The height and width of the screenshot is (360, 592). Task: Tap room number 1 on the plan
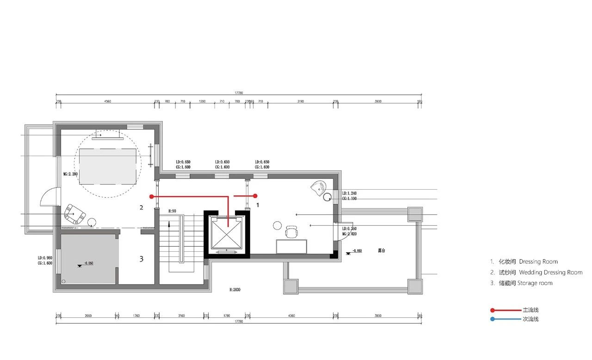(x=258, y=204)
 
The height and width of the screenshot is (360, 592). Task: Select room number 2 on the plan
(x=142, y=208)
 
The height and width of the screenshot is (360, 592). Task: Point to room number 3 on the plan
(x=142, y=259)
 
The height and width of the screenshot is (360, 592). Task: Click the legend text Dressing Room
(x=538, y=262)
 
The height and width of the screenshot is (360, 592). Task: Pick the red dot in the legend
(x=493, y=310)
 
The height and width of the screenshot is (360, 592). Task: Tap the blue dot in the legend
(x=493, y=319)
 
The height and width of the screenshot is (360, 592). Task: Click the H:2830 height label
(x=235, y=290)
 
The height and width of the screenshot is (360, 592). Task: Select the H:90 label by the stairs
(x=173, y=211)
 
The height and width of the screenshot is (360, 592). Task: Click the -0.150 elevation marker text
(x=356, y=251)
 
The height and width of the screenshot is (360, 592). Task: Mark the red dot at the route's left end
(x=151, y=197)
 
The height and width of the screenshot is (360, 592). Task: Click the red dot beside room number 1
(x=255, y=196)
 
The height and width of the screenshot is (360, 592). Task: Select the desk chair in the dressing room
(x=292, y=231)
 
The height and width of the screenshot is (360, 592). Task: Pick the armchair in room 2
(x=74, y=214)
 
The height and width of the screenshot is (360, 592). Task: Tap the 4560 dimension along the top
(x=107, y=101)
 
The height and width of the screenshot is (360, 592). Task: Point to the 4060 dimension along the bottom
(x=291, y=316)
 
